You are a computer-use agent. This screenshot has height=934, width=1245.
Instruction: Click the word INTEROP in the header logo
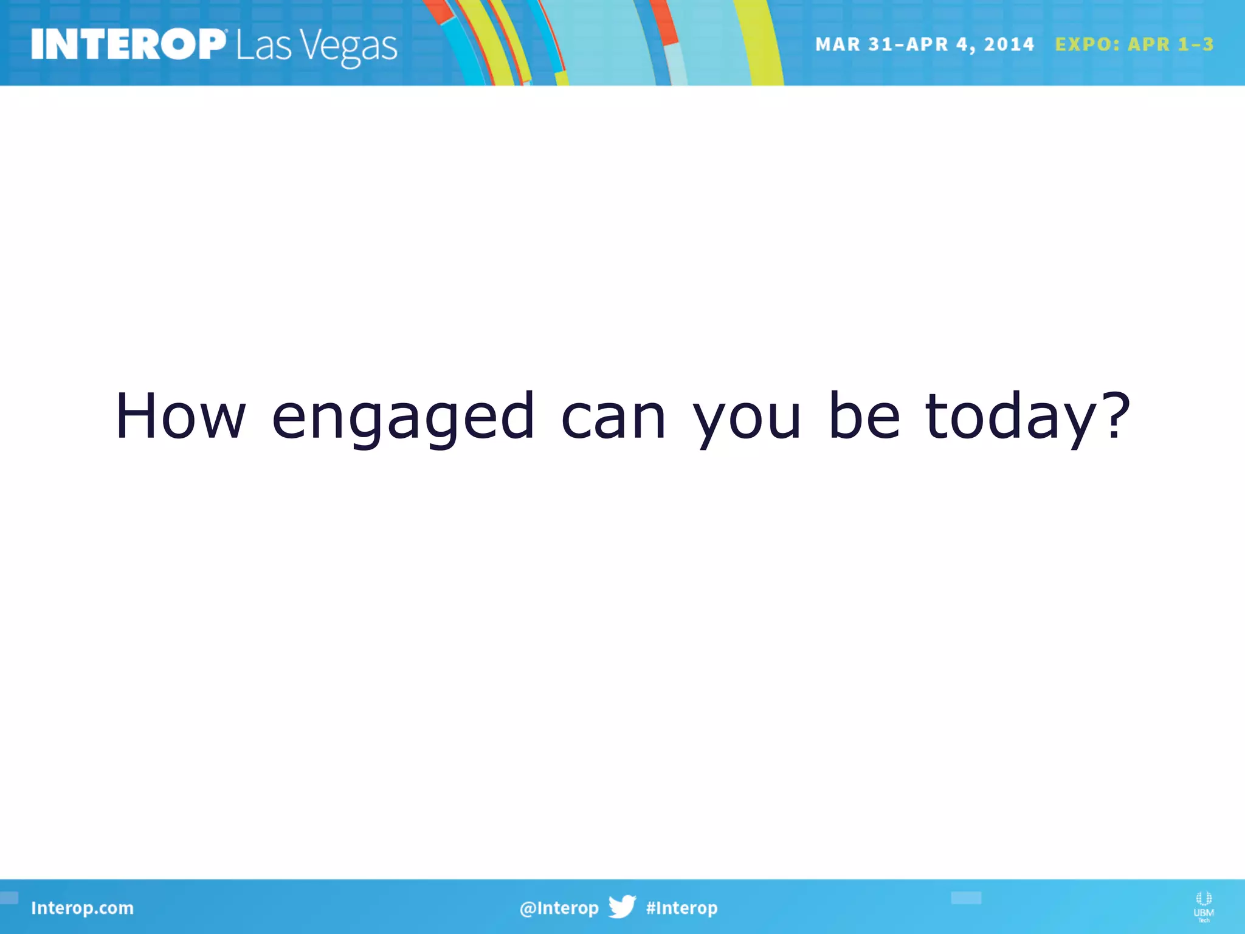click(x=128, y=44)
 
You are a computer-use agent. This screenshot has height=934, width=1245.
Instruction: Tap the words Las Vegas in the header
click(x=317, y=46)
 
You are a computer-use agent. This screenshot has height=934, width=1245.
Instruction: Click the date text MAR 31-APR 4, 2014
click(x=924, y=44)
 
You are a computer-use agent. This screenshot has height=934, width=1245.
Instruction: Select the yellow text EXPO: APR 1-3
click(x=1134, y=44)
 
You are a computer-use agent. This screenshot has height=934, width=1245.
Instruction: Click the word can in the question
click(x=613, y=417)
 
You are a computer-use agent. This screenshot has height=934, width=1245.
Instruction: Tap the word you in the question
click(x=747, y=420)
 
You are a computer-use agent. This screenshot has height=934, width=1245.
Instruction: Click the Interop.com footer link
click(x=82, y=908)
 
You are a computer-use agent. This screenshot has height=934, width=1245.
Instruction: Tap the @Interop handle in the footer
click(x=559, y=908)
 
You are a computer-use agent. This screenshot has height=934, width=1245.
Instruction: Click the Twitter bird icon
click(x=622, y=907)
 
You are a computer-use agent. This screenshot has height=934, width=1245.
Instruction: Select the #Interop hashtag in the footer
click(x=681, y=908)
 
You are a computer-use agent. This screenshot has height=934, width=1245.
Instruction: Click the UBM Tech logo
click(x=1203, y=906)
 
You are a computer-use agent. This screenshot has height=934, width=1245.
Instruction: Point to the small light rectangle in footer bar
click(x=965, y=898)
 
